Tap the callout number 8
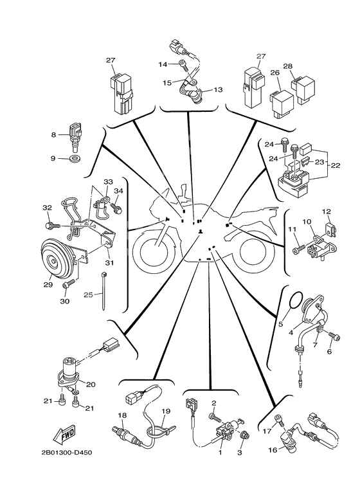tap(54, 135)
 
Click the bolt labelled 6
tap(332, 335)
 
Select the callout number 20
tap(91, 384)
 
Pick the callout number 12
tap(326, 211)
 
